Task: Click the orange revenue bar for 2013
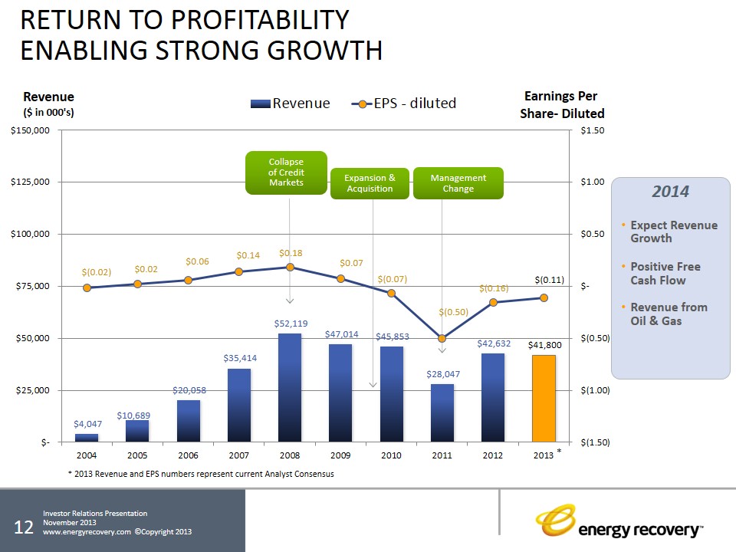544,399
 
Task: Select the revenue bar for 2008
290,388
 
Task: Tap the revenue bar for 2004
87,438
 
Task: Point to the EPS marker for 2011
442,338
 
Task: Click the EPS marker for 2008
290,267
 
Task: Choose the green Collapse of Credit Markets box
286,172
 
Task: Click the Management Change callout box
458,183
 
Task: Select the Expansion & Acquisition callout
370,183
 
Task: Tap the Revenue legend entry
290,103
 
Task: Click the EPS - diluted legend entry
404,103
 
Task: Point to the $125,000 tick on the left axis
30,182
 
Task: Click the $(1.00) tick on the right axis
595,390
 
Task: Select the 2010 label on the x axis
391,455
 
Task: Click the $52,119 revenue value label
291,324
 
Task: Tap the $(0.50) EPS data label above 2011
453,312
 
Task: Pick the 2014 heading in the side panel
670,192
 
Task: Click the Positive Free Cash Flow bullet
665,273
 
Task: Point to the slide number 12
24,527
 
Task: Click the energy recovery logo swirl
556,520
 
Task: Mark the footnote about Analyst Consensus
201,474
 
